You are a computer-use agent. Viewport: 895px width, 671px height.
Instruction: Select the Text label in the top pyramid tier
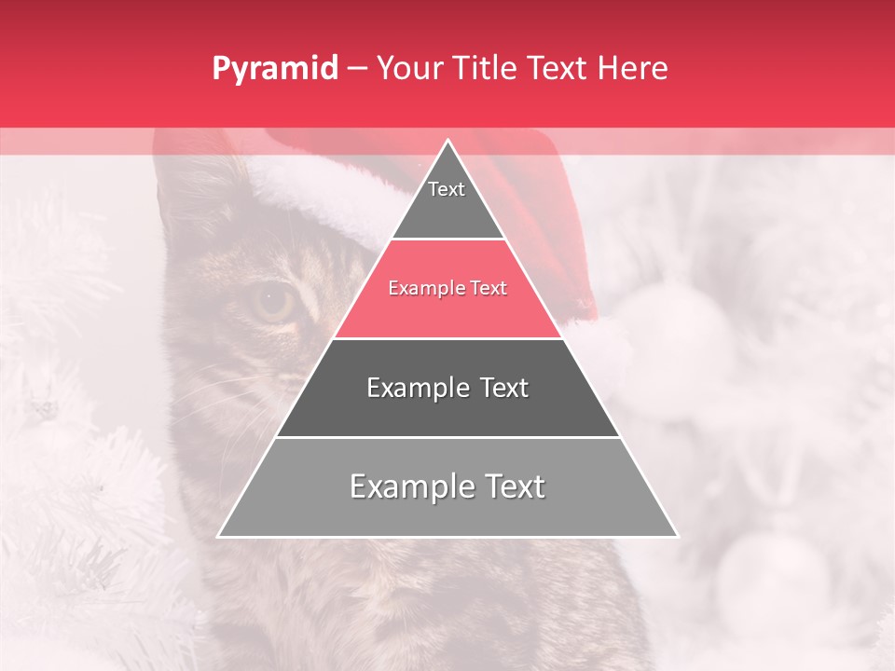[447, 189]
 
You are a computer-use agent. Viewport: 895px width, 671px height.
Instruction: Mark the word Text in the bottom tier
[513, 486]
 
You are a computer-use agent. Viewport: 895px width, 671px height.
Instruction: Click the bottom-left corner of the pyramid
[219, 536]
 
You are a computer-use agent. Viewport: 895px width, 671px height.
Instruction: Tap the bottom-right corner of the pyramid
[677, 536]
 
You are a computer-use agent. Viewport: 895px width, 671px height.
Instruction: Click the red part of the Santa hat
[550, 214]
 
